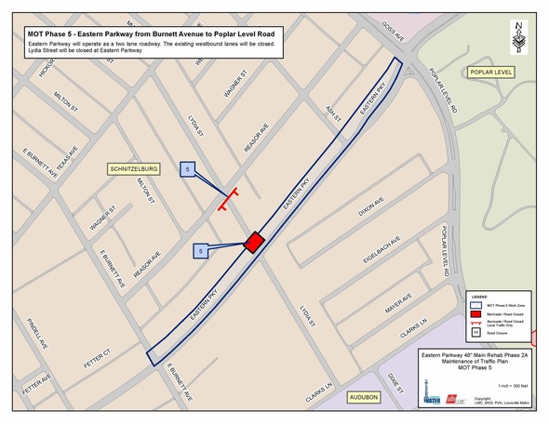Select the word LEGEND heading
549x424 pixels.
(x=480, y=297)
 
